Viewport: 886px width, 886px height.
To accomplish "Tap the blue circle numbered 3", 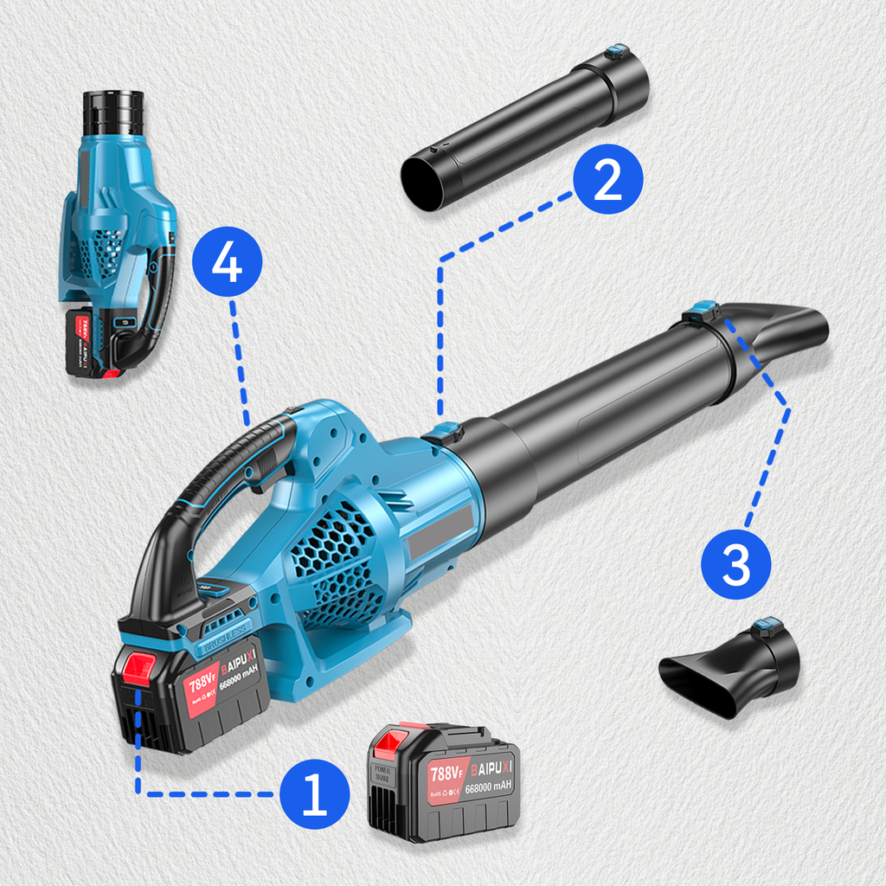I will (735, 563).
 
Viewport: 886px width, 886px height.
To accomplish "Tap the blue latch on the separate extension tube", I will (617, 53).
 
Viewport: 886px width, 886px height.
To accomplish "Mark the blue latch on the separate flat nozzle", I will (766, 625).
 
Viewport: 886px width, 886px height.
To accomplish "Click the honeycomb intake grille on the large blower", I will (333, 554).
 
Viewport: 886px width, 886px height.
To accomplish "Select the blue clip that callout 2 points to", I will (443, 431).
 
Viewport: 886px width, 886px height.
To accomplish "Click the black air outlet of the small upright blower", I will (112, 112).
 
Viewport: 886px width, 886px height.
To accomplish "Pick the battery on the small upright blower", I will (87, 342).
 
